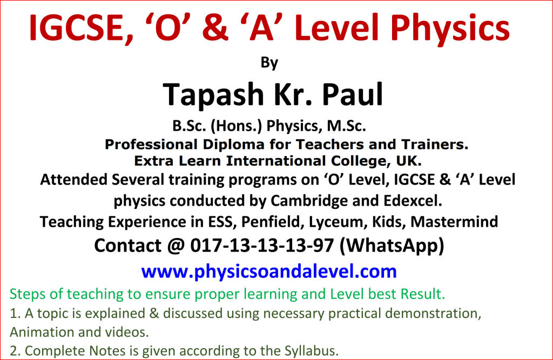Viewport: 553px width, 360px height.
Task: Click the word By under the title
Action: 269,63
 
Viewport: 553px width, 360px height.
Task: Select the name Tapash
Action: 213,94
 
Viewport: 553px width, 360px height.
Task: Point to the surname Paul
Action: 352,94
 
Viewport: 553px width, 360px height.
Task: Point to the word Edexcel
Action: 413,201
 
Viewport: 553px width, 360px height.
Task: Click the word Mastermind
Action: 454,222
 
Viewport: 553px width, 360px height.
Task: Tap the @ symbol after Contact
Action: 176,246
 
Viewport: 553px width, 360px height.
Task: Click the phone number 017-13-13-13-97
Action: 262,246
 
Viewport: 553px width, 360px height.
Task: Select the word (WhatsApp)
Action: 392,246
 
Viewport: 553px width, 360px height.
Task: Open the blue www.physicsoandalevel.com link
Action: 269,271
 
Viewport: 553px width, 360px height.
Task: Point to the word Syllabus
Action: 312,351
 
